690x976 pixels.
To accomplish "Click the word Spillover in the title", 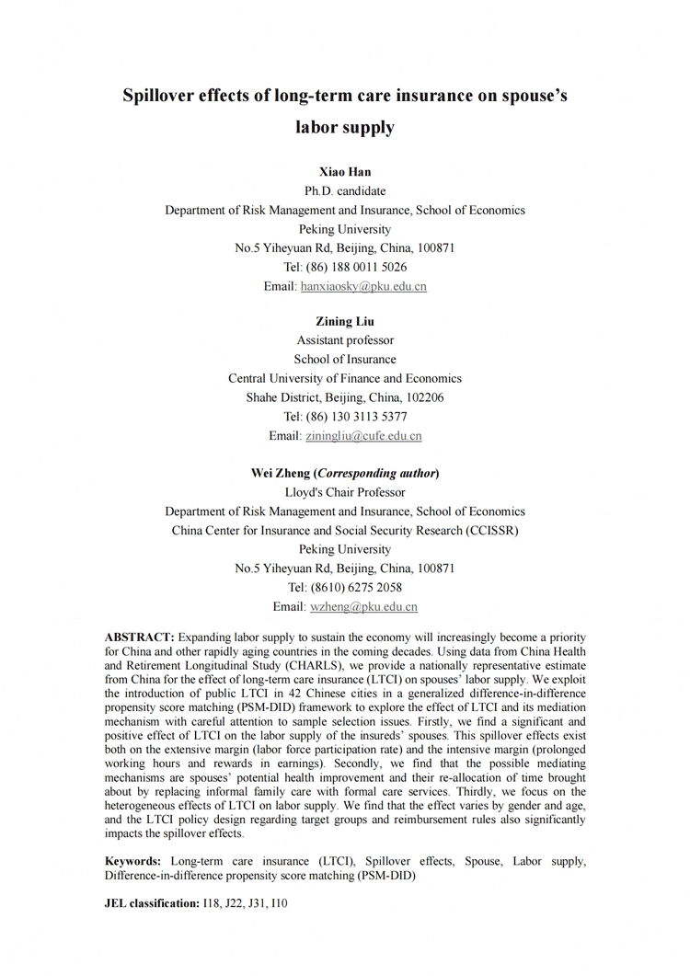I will (165, 98).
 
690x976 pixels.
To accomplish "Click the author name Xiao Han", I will (345, 172).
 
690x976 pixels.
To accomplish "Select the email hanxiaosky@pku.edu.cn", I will (363, 286).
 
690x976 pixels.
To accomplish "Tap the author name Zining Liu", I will (345, 321).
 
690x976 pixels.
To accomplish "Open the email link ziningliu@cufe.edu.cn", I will (363, 435).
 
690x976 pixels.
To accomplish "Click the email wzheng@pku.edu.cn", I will (363, 607).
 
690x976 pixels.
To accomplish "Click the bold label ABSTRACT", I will (140, 637).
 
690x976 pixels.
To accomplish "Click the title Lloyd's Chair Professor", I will (345, 492).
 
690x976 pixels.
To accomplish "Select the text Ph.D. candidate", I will (345, 191).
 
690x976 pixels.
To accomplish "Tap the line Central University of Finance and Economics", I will (345, 378).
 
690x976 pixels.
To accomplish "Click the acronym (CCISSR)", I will (487, 531).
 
